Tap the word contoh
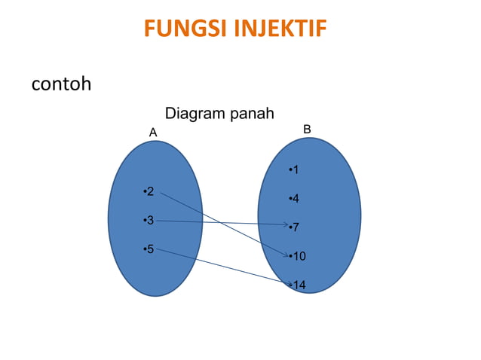click(61, 83)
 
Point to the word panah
click(252, 114)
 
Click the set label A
click(153, 132)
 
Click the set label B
click(307, 130)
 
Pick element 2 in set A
click(149, 192)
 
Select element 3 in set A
click(149, 220)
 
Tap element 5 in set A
click(149, 249)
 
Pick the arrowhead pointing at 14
click(287, 285)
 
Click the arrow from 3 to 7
click(219, 222)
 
